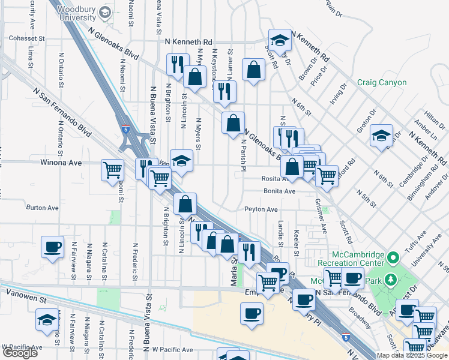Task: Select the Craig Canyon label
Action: pos(382,82)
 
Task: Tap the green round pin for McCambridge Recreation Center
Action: pos(394,259)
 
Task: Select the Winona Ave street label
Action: pos(61,163)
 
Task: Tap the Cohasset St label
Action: pos(27,38)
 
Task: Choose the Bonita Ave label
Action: pos(280,191)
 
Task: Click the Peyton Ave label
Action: pos(261,209)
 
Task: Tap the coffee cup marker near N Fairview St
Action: pos(52,246)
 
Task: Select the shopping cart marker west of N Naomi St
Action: pos(112,170)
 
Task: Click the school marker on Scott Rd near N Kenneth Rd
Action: pos(279,40)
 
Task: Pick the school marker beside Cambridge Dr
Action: pos(381,136)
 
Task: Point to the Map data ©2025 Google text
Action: pos(412,355)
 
